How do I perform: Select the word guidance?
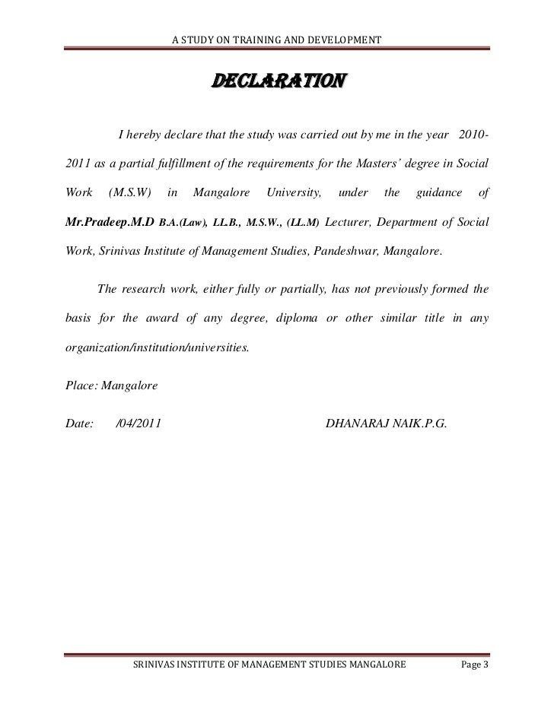click(x=440, y=194)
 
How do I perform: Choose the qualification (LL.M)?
click(x=305, y=223)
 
